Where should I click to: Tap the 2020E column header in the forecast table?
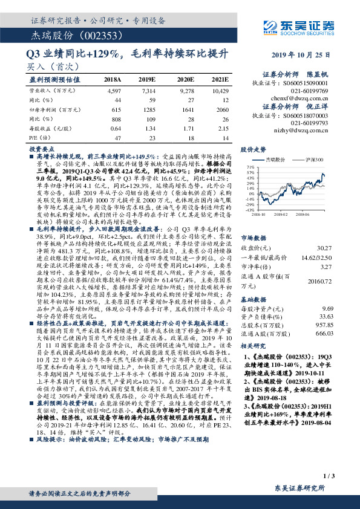point(184,79)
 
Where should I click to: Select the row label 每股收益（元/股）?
point(48,129)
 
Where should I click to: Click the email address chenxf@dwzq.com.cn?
point(306,97)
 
